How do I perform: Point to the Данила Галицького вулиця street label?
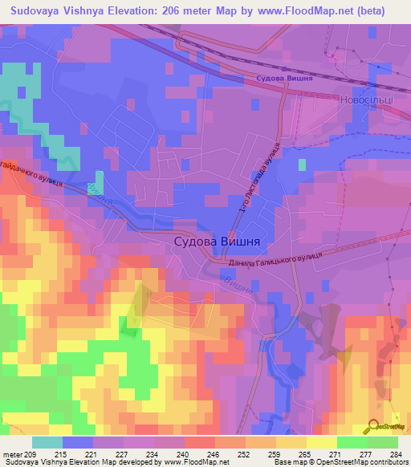tap(275, 258)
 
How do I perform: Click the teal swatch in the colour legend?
tap(47, 442)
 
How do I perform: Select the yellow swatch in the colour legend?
tap(321, 442)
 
